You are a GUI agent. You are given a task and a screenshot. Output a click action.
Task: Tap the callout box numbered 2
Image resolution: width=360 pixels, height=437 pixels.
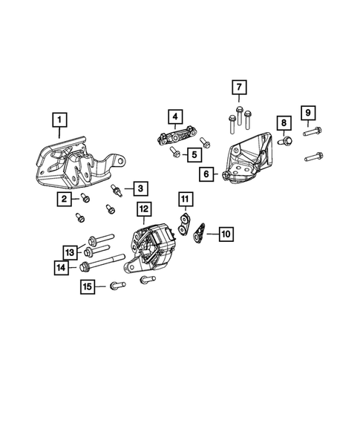(x=66, y=198)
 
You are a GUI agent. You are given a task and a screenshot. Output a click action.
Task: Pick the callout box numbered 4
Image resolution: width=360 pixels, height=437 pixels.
(x=174, y=117)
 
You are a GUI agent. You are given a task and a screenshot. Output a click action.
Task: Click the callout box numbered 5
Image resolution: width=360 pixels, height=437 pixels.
(x=193, y=155)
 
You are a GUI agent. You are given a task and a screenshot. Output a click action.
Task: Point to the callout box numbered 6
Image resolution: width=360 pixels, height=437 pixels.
(x=207, y=175)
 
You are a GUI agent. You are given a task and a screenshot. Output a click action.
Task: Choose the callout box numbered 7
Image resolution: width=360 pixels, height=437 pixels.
(x=238, y=88)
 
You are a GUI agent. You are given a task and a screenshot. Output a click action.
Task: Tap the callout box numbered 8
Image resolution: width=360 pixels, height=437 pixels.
(x=283, y=122)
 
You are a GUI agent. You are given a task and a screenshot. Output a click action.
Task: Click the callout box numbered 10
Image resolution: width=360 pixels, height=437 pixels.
(x=226, y=234)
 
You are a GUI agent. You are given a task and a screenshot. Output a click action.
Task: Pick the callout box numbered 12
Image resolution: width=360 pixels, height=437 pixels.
(x=143, y=209)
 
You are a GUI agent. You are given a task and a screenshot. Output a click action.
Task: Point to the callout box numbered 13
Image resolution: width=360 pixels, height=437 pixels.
(x=69, y=252)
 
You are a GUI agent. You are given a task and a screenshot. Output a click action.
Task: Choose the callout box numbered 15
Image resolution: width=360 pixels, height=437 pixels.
(x=88, y=286)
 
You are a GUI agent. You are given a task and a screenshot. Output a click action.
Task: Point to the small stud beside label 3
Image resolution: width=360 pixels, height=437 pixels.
(x=118, y=191)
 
